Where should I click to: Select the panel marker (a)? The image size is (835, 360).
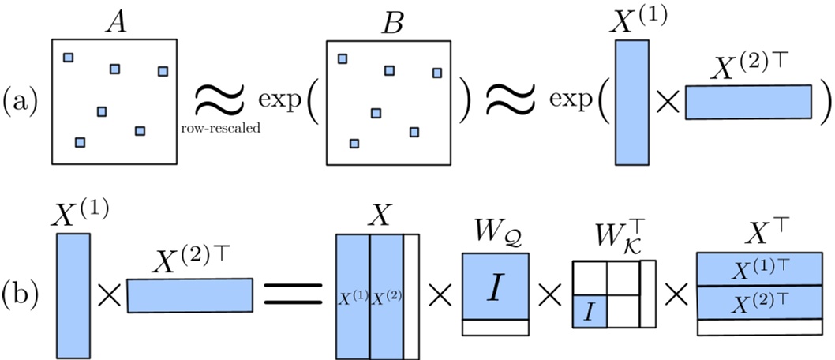(23, 101)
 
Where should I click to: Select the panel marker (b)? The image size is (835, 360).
(23, 296)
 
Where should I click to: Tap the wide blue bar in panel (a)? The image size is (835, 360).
(747, 102)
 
